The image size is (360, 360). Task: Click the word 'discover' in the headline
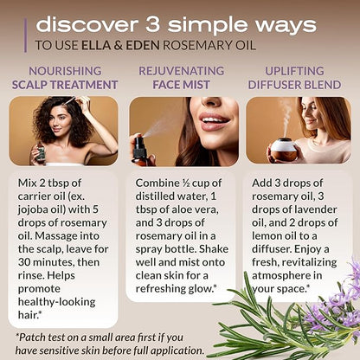coord(87,24)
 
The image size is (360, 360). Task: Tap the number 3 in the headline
coord(152,24)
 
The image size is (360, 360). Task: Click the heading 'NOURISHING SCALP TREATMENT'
coord(65,78)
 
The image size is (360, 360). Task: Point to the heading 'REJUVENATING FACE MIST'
coord(182,78)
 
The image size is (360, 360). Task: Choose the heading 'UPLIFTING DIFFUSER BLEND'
coord(294,78)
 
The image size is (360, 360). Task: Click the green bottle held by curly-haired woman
coord(41,152)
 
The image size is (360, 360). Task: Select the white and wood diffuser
coord(283,150)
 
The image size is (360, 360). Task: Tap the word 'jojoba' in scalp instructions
coord(34,209)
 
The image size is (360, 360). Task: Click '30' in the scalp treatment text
coord(24,262)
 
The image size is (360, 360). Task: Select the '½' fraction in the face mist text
coord(186,183)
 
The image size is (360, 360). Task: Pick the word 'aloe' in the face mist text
coord(182,209)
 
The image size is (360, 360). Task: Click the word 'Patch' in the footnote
coord(32,337)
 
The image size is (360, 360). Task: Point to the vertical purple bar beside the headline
coord(26,35)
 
